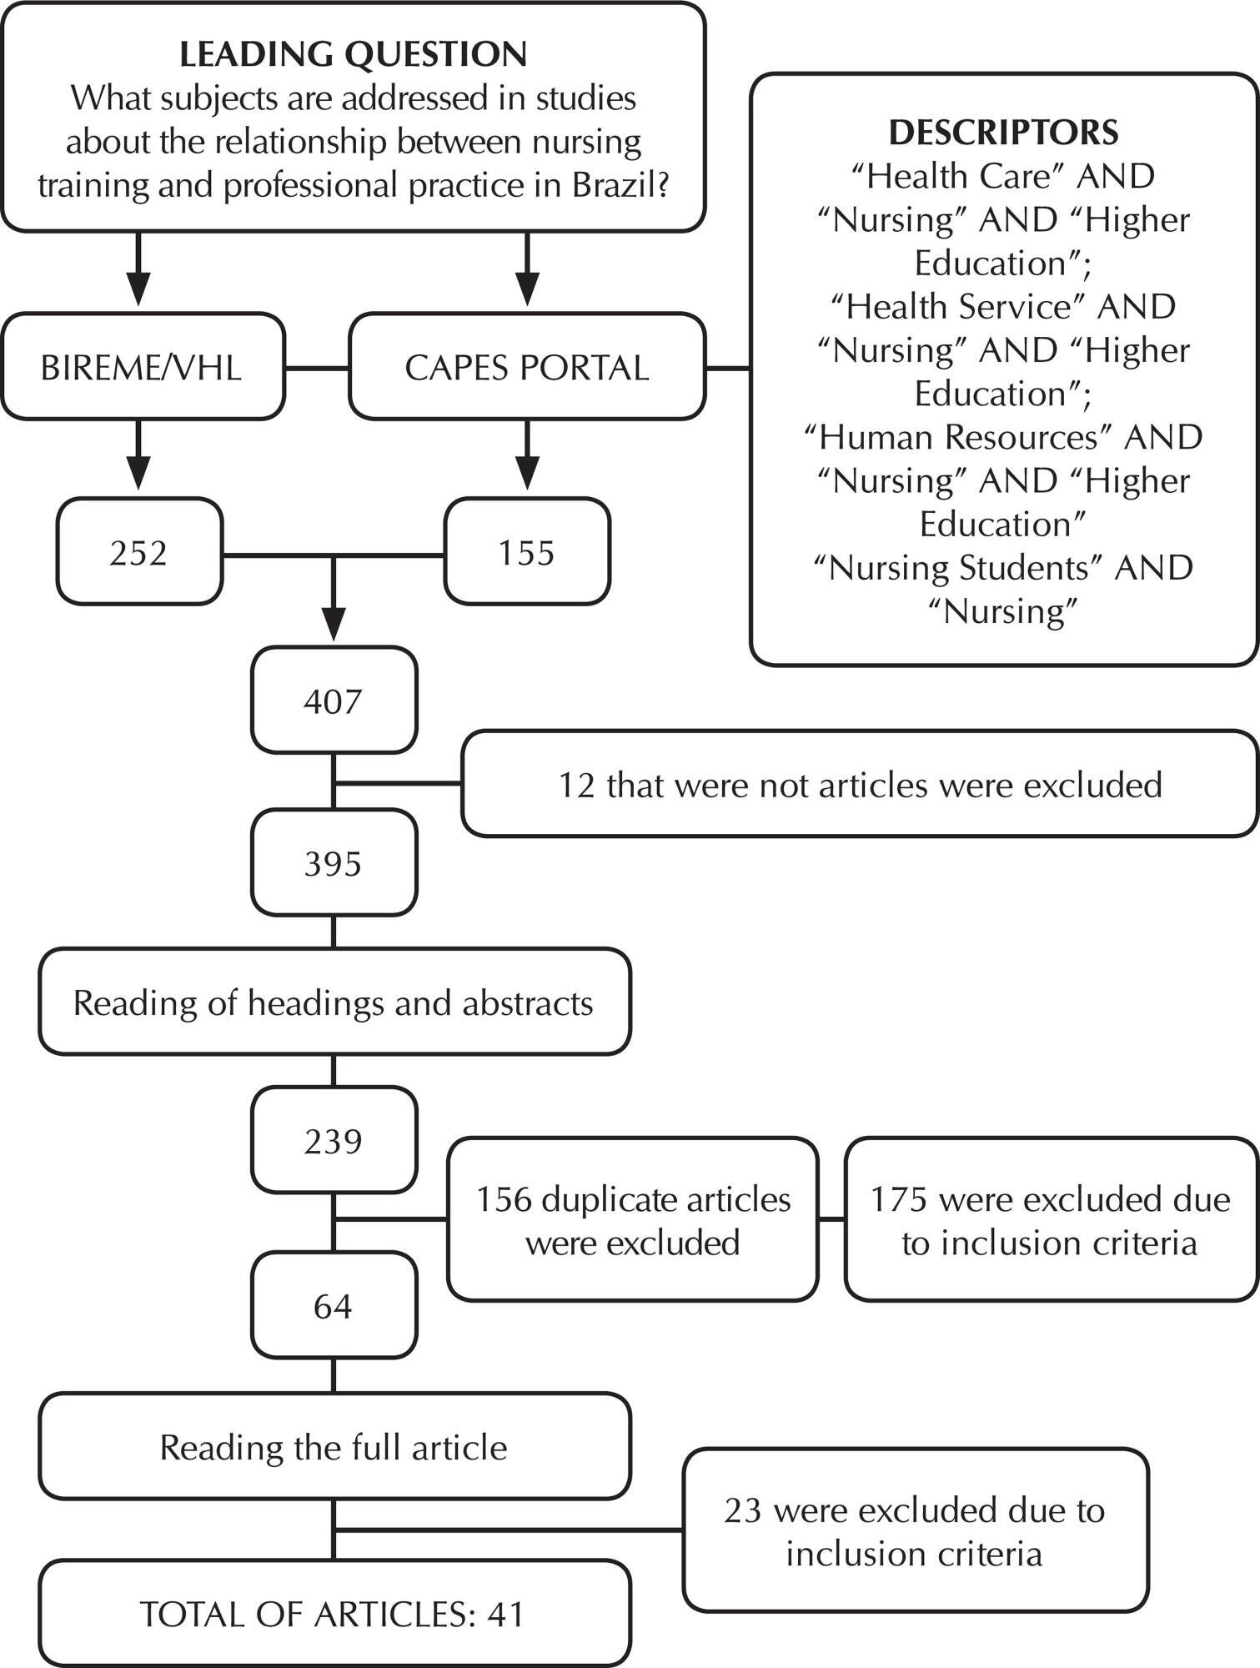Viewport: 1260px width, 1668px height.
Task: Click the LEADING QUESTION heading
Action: tap(354, 54)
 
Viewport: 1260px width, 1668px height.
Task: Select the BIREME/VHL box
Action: tap(142, 366)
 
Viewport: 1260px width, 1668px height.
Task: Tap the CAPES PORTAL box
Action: tap(527, 366)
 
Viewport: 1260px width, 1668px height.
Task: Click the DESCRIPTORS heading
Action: tap(1003, 133)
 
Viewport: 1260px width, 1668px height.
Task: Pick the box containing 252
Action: tap(139, 551)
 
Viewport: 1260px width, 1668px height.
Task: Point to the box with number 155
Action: tap(527, 551)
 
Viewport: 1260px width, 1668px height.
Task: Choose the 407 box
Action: tap(334, 700)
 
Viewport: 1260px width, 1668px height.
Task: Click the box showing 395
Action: tap(334, 862)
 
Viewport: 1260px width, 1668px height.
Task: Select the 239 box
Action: tap(334, 1140)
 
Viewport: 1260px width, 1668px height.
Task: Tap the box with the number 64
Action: tap(334, 1305)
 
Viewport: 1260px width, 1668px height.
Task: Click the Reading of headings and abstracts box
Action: tap(334, 1002)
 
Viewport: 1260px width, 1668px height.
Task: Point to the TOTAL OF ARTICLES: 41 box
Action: tap(334, 1614)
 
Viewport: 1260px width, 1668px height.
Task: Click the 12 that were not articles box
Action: tap(861, 784)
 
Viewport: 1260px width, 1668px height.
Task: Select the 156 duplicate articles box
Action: tap(633, 1219)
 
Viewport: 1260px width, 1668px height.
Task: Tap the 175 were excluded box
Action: tap(1051, 1219)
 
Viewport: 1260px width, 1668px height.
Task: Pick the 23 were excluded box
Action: tap(915, 1530)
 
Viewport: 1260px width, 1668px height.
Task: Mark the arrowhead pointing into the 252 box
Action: tap(138, 474)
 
